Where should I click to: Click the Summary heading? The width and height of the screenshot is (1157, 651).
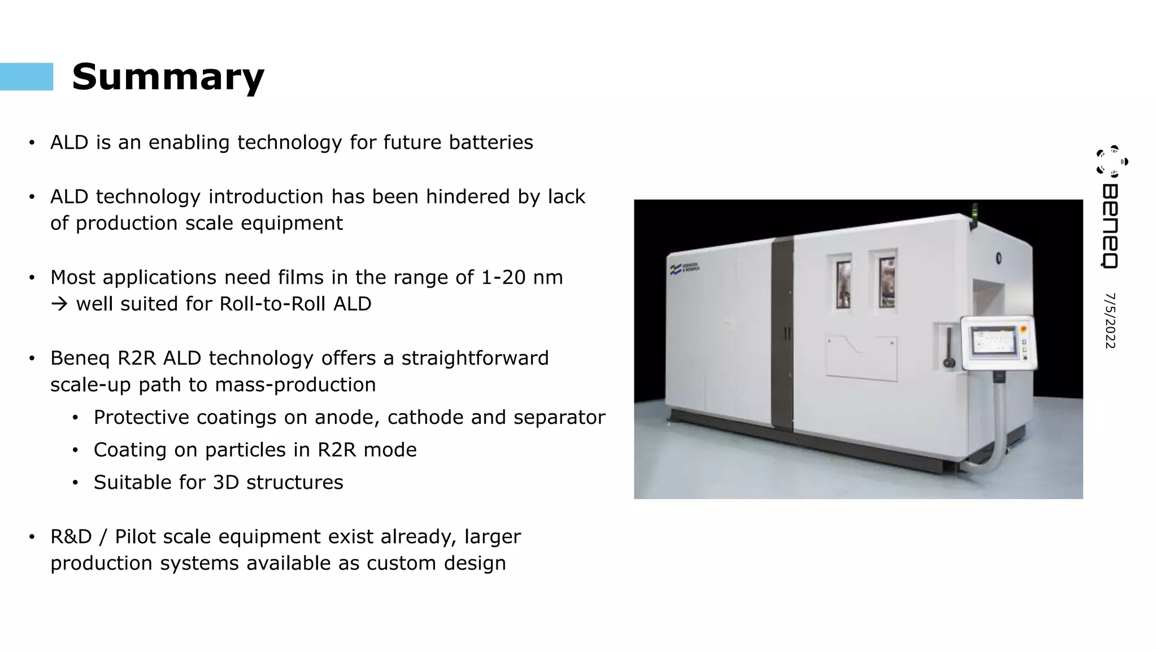tap(168, 77)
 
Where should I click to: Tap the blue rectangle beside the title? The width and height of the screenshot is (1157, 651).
tap(27, 77)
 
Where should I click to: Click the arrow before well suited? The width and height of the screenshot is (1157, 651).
tap(59, 304)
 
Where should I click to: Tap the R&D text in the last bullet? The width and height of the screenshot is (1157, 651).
tap(71, 536)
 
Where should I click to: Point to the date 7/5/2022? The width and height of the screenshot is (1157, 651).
tap(1110, 320)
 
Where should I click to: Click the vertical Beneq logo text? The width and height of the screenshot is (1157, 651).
tap(1110, 225)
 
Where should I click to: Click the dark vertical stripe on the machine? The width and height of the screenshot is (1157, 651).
tap(783, 333)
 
